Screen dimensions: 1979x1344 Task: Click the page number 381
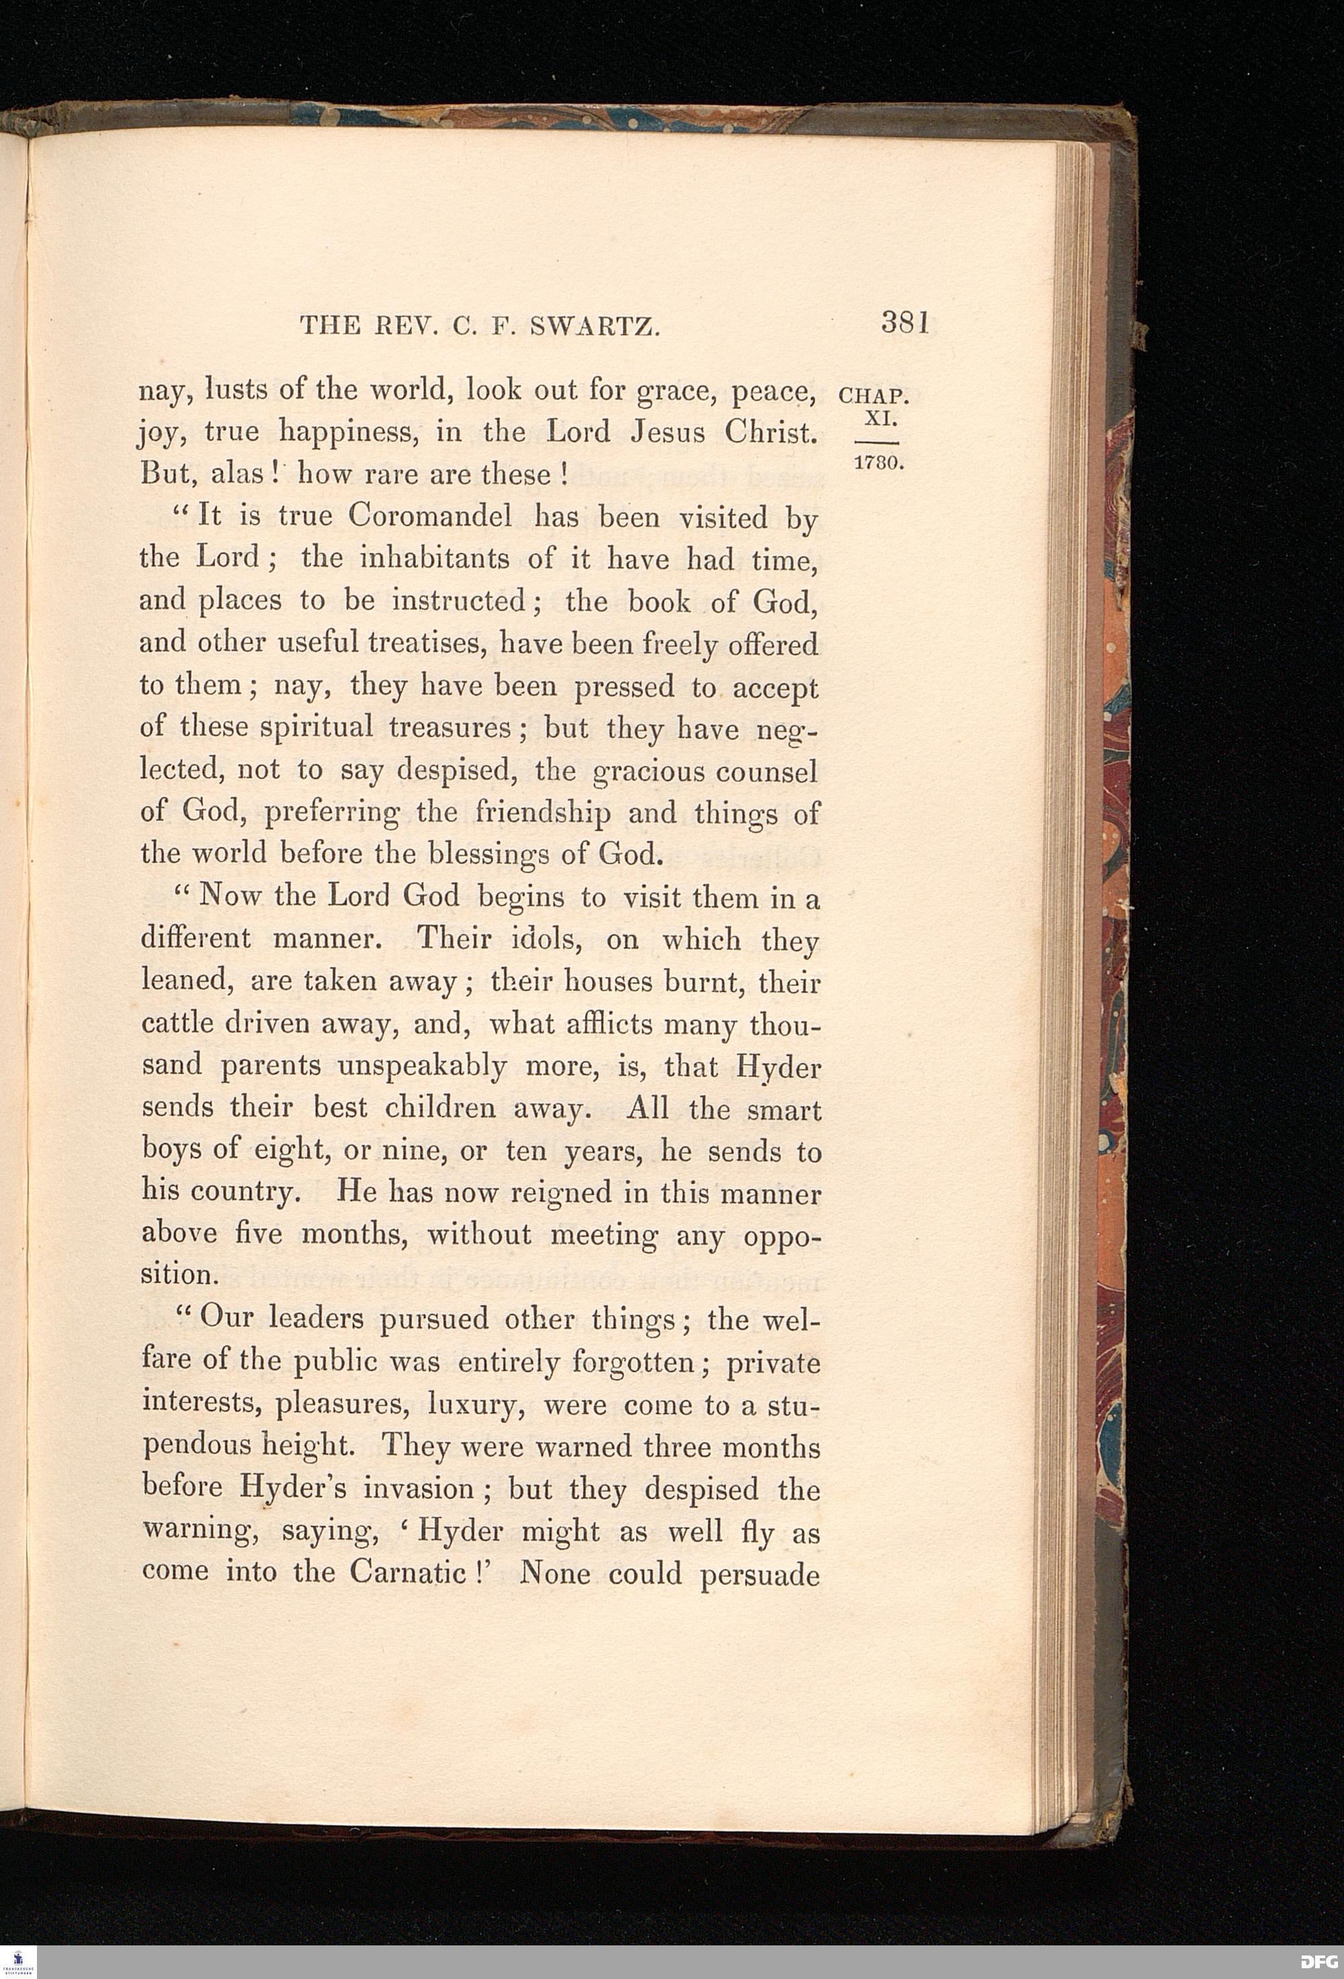[x=904, y=323]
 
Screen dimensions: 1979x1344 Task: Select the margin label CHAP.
[x=874, y=395]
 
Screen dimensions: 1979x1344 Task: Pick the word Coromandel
[x=430, y=516]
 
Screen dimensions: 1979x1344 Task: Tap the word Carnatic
[x=407, y=1572]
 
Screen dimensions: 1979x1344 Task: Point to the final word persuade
[x=759, y=1574]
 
